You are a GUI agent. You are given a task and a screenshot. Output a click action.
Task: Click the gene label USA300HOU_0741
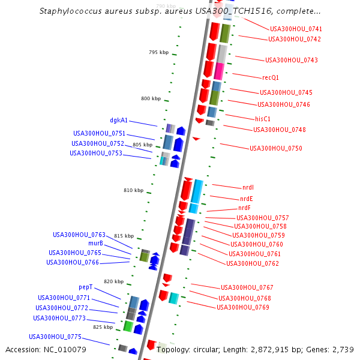(x=296, y=29)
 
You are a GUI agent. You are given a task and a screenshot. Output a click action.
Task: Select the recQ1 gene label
(x=271, y=77)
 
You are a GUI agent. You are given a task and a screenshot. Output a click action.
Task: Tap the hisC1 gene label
(x=263, y=119)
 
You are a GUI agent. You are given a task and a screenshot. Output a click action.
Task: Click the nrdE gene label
(x=247, y=199)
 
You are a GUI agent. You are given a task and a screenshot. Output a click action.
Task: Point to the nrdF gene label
(x=245, y=208)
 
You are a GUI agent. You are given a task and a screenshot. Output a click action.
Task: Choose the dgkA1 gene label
(x=119, y=120)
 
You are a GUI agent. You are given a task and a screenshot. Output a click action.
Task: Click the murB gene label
(x=95, y=244)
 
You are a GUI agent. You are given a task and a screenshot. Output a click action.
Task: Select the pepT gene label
(x=86, y=287)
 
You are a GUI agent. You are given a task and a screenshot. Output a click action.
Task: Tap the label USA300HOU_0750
(x=276, y=148)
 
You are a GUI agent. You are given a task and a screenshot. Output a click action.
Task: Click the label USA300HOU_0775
(x=55, y=337)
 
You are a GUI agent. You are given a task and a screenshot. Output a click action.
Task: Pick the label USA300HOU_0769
(x=243, y=307)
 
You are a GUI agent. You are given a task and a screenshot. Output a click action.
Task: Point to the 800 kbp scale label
(x=151, y=98)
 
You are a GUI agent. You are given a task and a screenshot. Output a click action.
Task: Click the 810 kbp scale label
(x=134, y=190)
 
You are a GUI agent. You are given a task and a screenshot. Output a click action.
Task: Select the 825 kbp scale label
(x=103, y=327)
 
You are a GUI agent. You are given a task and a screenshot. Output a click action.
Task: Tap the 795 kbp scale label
(x=159, y=53)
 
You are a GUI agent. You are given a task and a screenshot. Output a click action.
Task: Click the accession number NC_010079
(x=66, y=349)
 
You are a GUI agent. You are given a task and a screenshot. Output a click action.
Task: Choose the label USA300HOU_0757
(x=263, y=218)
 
